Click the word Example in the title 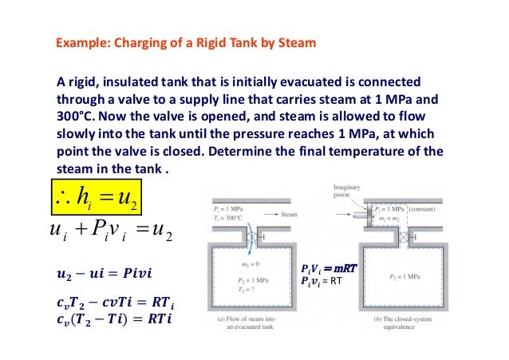78,43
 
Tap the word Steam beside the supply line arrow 290,215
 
